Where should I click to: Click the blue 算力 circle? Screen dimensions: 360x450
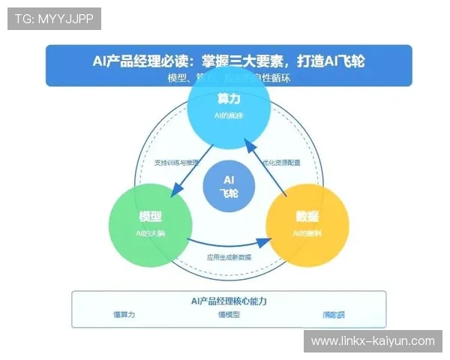pos(229,108)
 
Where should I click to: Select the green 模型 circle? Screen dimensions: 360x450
pos(150,224)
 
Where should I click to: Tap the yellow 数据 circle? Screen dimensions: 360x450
pos(307,224)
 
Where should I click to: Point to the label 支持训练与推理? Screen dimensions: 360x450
pos(177,162)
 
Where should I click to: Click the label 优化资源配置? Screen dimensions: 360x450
pos(281,162)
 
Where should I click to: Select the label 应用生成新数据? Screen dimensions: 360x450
pos(229,257)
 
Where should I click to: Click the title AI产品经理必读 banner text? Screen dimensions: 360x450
pos(229,61)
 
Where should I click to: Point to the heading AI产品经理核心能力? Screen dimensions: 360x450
pos(229,301)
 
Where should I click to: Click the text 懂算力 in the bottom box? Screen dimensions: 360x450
pos(124,315)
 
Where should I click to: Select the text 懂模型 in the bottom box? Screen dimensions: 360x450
pos(229,315)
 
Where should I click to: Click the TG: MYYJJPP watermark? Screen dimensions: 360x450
pos(54,19)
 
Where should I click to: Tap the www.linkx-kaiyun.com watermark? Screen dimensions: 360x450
pos(373,341)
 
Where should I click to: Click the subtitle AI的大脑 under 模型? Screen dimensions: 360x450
pos(150,234)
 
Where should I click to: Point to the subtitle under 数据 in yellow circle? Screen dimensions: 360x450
pos(307,234)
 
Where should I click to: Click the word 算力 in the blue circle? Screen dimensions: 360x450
pos(229,99)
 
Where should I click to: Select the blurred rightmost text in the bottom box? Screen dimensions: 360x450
pos(334,315)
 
